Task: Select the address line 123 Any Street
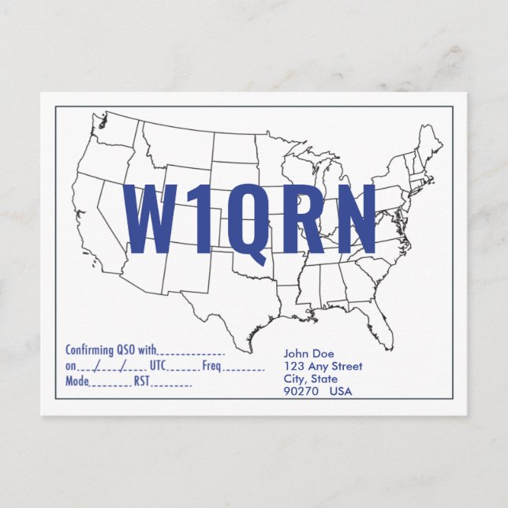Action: [x=323, y=366]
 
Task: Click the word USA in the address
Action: [x=342, y=391]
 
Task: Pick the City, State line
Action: [x=310, y=379]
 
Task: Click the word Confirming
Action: [x=89, y=350]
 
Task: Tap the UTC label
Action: [x=157, y=366]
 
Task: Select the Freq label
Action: [x=211, y=366]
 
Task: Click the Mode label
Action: [x=77, y=382]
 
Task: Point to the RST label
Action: [x=141, y=382]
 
